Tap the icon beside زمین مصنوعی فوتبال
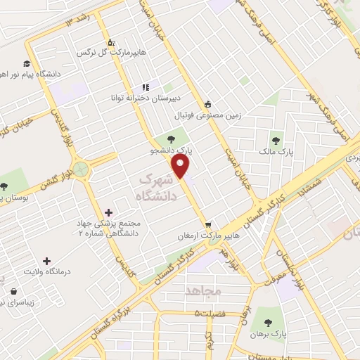point(207,103)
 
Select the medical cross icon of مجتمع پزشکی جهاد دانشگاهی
point(108,212)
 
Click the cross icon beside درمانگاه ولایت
point(47,260)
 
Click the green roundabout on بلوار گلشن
point(82,169)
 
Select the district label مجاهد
point(204,290)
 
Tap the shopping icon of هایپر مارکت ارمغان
point(207,226)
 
